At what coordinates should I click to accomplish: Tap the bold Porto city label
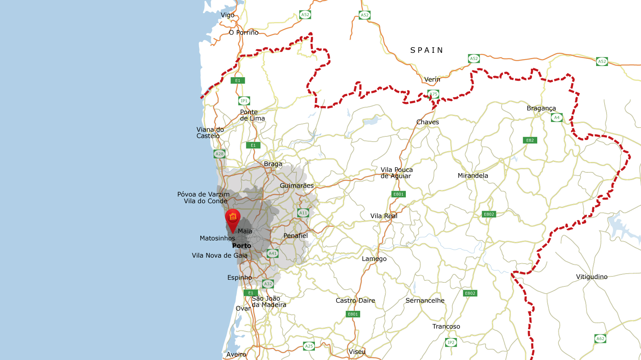pyautogui.click(x=242, y=246)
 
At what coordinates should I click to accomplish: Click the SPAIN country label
pyautogui.click(x=427, y=50)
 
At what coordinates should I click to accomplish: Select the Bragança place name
pyautogui.click(x=541, y=108)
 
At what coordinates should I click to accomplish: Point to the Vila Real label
pyautogui.click(x=384, y=216)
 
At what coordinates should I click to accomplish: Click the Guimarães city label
pyautogui.click(x=296, y=186)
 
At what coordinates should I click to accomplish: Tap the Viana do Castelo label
pyautogui.click(x=210, y=133)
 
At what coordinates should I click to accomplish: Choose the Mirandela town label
pyautogui.click(x=473, y=176)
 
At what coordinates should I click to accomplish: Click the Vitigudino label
pyautogui.click(x=591, y=277)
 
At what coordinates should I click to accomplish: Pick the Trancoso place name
pyautogui.click(x=446, y=326)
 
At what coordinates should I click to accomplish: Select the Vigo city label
pyautogui.click(x=228, y=15)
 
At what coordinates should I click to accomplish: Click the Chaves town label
pyautogui.click(x=427, y=122)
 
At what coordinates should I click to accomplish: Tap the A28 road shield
pyautogui.click(x=220, y=154)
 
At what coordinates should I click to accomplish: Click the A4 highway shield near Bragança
pyautogui.click(x=556, y=118)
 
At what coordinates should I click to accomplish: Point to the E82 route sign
pyautogui.click(x=530, y=140)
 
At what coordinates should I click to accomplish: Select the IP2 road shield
pyautogui.click(x=451, y=342)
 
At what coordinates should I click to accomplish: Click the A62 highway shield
pyautogui.click(x=600, y=339)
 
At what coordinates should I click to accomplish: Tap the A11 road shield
pyautogui.click(x=303, y=213)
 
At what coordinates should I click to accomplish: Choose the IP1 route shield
pyautogui.click(x=244, y=101)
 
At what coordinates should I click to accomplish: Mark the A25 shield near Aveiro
pyautogui.click(x=308, y=346)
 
